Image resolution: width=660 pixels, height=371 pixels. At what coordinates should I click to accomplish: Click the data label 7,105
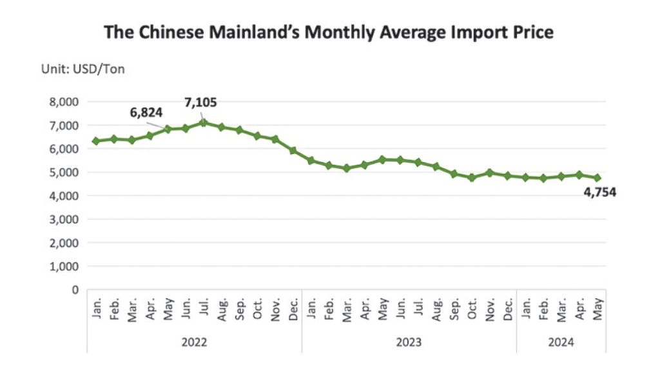(201, 102)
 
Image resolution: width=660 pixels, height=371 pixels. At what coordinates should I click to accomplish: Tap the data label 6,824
(146, 112)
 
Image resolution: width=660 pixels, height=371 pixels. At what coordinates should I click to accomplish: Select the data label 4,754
(600, 192)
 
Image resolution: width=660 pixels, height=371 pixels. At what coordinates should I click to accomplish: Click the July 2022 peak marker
(204, 122)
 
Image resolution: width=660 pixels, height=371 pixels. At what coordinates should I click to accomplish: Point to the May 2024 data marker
(597, 178)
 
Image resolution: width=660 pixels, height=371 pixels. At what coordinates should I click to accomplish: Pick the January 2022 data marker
(97, 141)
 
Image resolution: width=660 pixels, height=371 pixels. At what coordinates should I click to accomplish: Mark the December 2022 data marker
(293, 151)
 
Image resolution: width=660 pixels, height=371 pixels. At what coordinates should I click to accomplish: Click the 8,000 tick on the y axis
(64, 102)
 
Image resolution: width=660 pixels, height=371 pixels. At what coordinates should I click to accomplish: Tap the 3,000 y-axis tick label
(64, 219)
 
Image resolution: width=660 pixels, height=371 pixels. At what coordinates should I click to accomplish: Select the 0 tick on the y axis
(75, 290)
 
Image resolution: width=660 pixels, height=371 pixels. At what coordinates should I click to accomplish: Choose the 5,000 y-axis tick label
(64, 173)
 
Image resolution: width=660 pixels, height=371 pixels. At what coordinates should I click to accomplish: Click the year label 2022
(194, 342)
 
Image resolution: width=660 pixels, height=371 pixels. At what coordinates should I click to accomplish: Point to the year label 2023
(409, 342)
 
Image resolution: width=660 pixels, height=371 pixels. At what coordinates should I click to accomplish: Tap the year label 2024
(561, 342)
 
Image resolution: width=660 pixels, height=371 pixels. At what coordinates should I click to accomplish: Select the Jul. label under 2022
(204, 309)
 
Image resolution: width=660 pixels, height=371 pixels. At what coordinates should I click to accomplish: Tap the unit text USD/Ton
(99, 69)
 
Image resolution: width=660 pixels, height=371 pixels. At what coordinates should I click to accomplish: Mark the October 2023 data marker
(472, 178)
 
